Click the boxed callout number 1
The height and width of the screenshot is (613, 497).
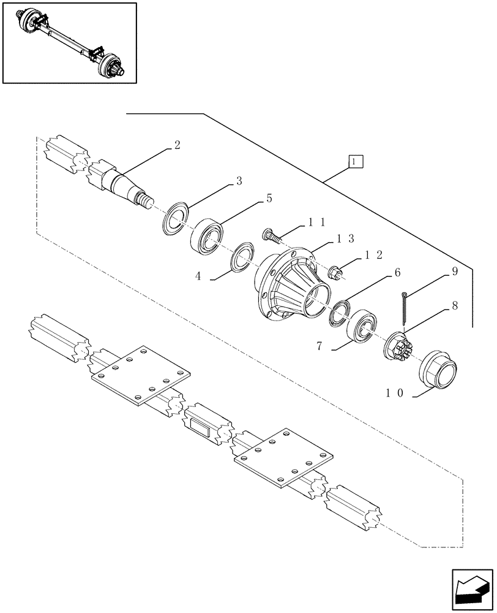[x=356, y=161]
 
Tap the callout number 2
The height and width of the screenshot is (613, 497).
[x=177, y=145]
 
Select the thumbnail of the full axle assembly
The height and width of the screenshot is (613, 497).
[x=69, y=42]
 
